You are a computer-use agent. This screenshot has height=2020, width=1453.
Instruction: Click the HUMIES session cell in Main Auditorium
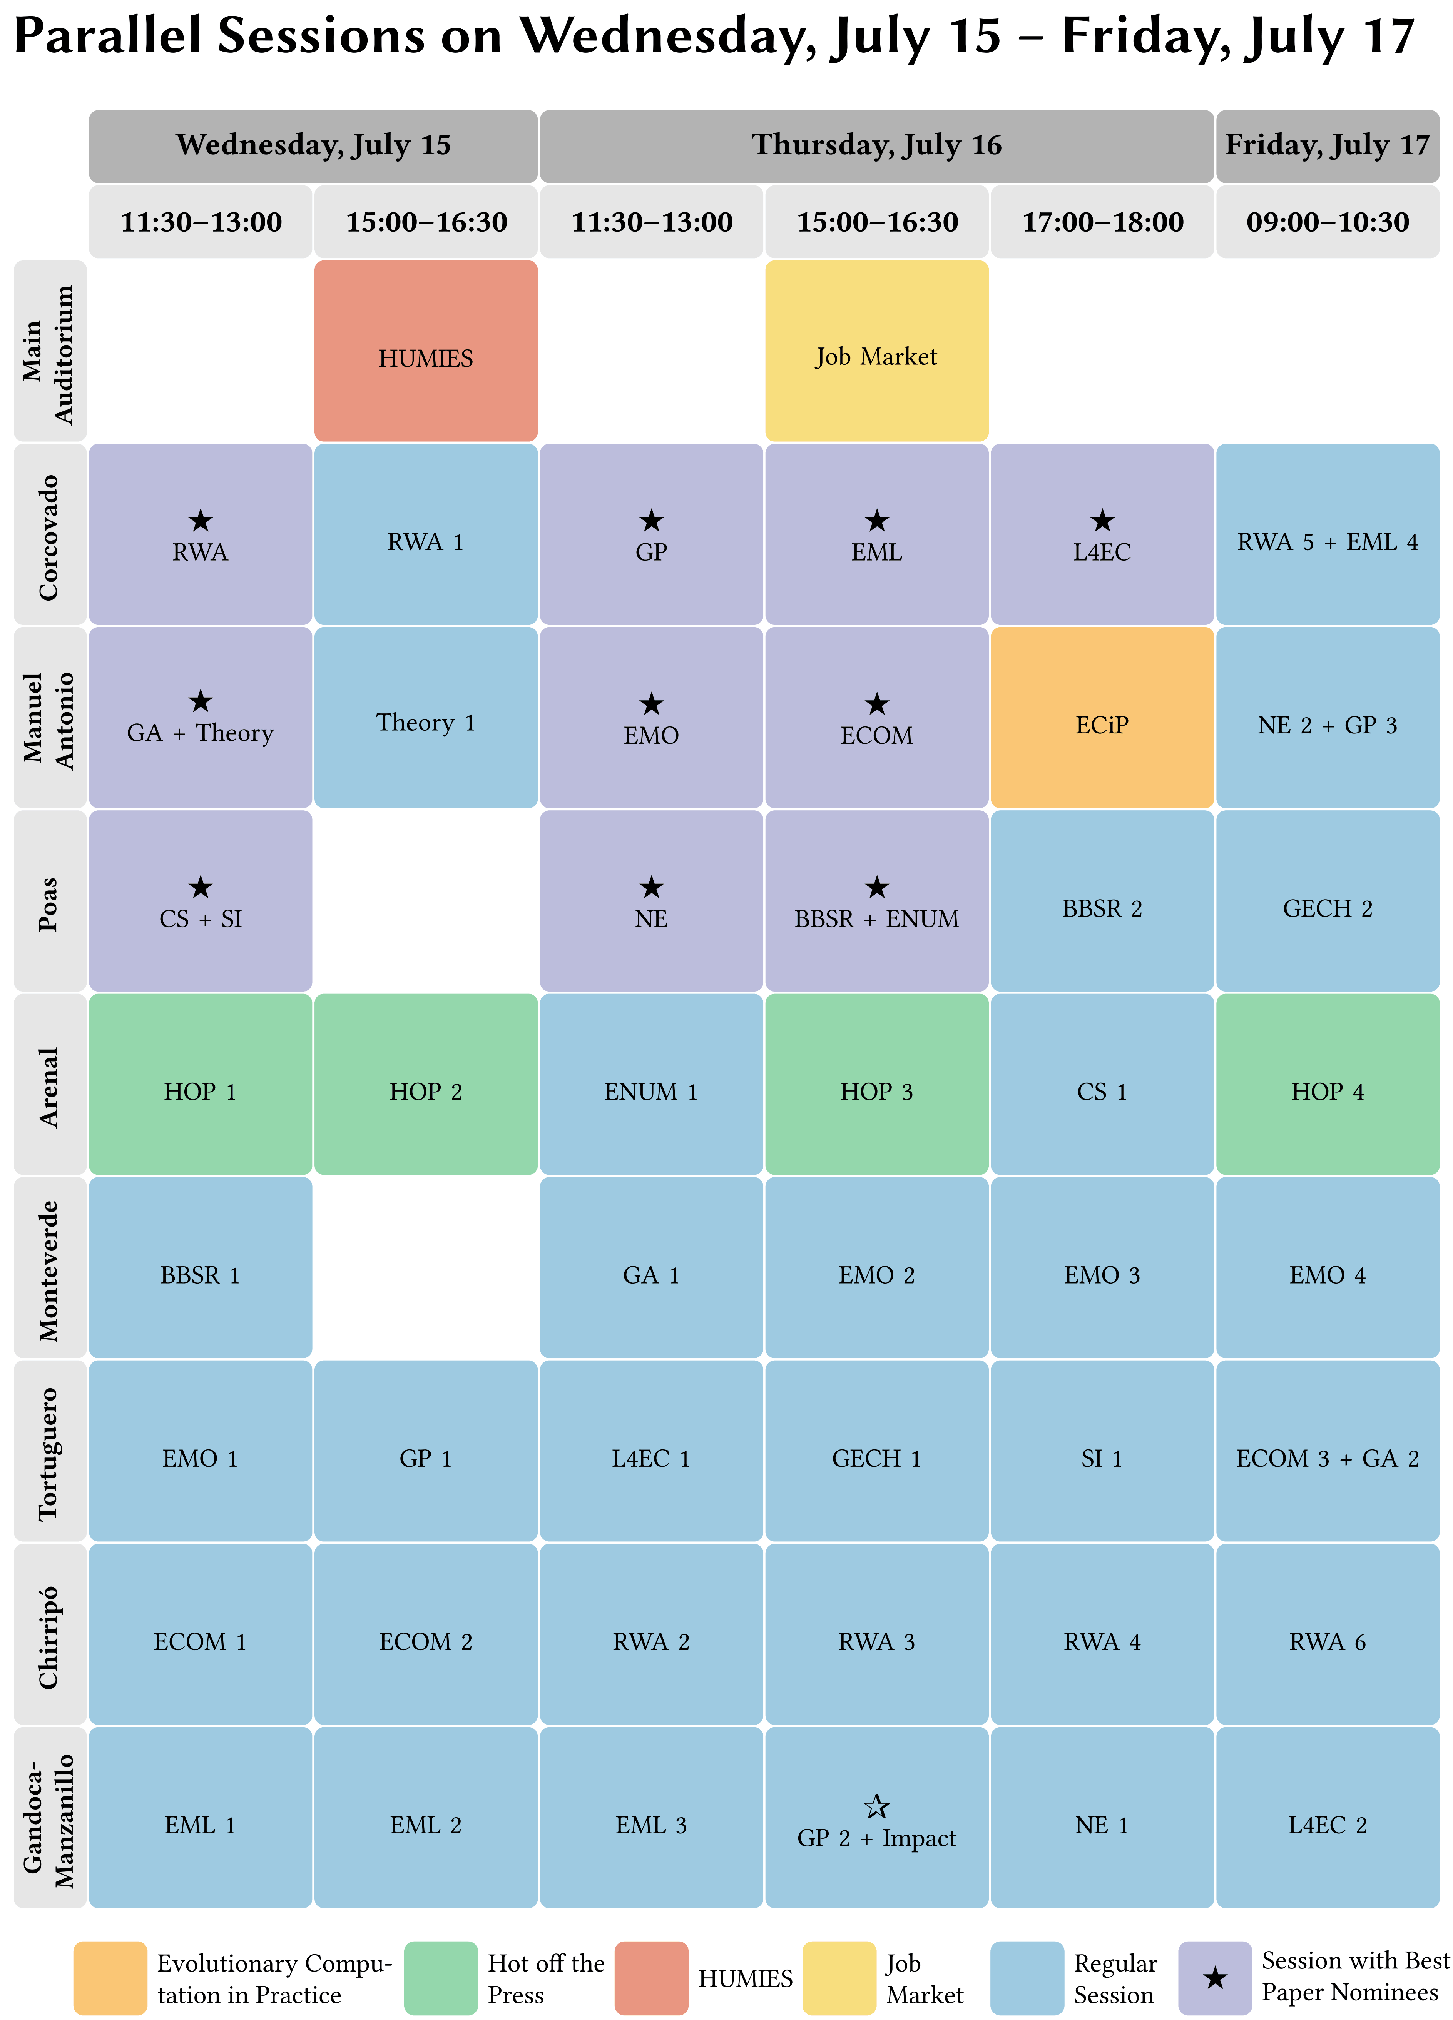point(426,351)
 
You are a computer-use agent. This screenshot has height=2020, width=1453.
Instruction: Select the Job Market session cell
point(876,351)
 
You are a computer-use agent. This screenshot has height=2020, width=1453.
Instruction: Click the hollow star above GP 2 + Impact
point(876,1806)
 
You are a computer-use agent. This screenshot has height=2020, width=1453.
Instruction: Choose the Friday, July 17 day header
point(1328,146)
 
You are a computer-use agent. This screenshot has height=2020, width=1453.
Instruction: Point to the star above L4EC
point(1102,520)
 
